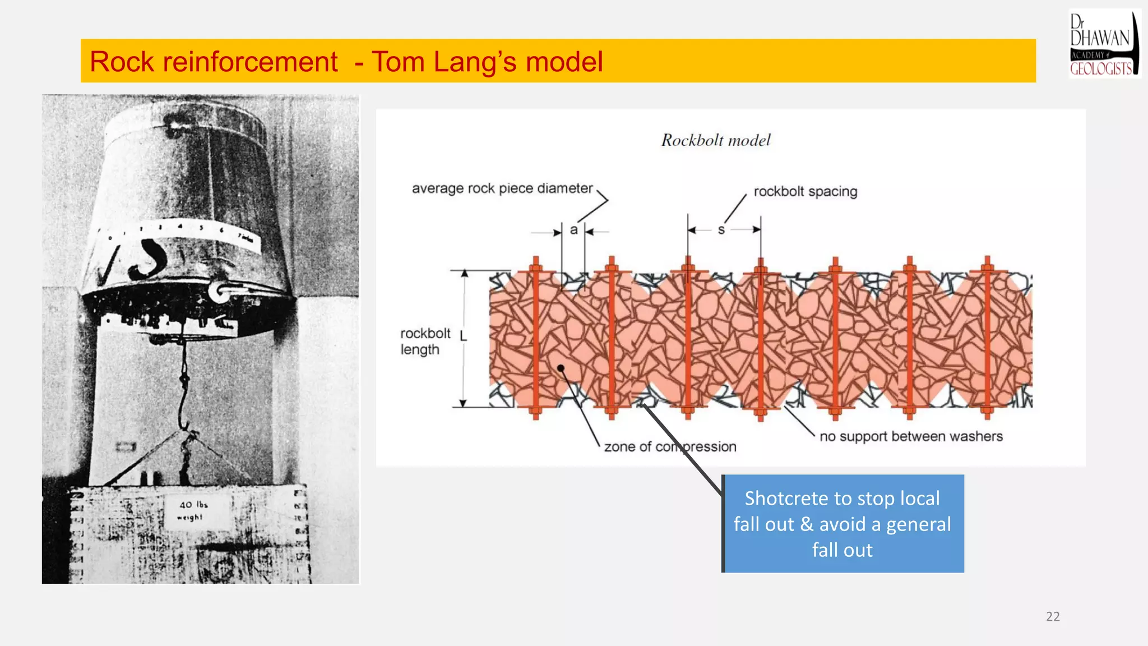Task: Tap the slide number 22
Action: pyautogui.click(x=1053, y=616)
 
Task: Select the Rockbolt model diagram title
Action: pyautogui.click(x=716, y=140)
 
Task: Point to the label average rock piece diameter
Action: pyautogui.click(x=502, y=188)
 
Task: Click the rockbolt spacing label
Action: pyautogui.click(x=805, y=192)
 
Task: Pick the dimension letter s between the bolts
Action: pyautogui.click(x=721, y=230)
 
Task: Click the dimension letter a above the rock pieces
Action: pyautogui.click(x=573, y=230)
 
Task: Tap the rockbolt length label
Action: pyautogui.click(x=425, y=342)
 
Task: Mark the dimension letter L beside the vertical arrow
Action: pyautogui.click(x=463, y=336)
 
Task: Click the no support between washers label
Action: pyautogui.click(x=911, y=436)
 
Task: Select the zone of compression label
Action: pyautogui.click(x=670, y=447)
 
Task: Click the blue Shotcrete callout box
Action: pyautogui.click(x=843, y=524)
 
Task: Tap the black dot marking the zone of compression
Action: pyautogui.click(x=561, y=368)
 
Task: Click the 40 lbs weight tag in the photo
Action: pyautogui.click(x=191, y=511)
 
